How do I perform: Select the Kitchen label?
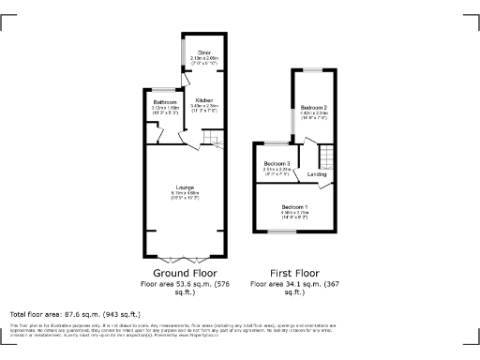point(203,99)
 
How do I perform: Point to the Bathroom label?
point(166,100)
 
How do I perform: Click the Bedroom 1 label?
point(294,206)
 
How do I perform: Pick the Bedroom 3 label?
point(276,164)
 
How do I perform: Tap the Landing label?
point(318,174)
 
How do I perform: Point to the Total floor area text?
point(74,314)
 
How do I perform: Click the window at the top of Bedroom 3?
point(274,144)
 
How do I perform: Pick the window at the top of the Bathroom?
point(165,90)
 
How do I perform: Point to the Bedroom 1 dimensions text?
point(294,215)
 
